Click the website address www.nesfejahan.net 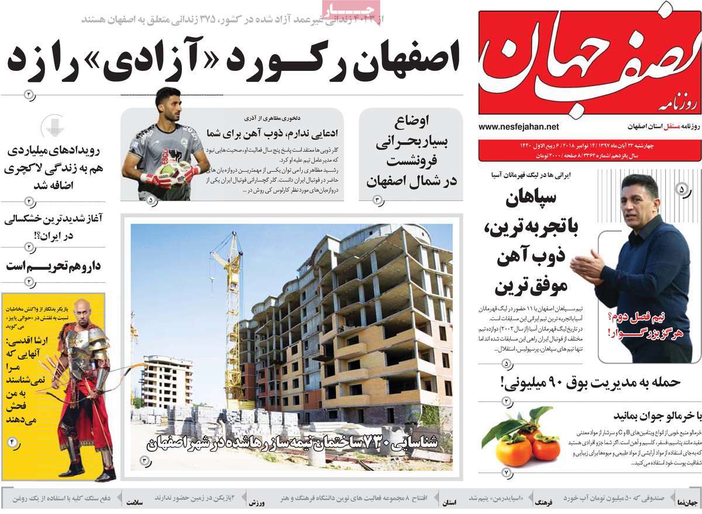tap(518, 126)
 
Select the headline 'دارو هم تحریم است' tap(54, 266)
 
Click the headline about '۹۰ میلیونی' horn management tap(590, 382)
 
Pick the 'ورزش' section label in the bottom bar tap(257, 503)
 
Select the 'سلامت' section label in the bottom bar tap(135, 503)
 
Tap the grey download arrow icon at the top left tap(52, 126)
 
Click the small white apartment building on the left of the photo tap(167, 381)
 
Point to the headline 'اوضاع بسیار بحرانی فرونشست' tap(411, 152)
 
